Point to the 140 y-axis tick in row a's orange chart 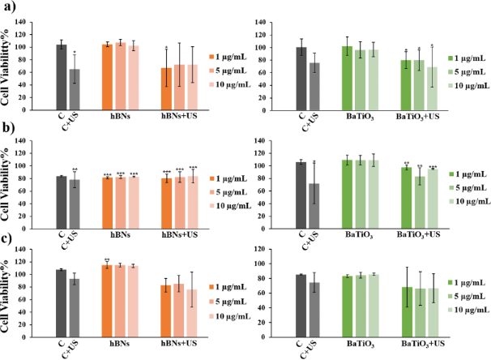(41, 21)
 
